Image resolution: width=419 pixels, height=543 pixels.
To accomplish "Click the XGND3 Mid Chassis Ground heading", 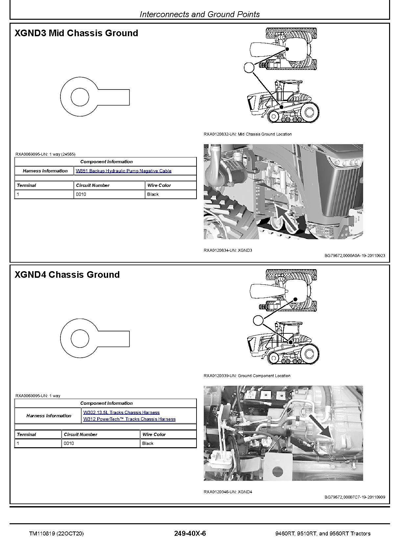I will point(76,33).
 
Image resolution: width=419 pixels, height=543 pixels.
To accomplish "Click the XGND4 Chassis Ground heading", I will point(67,275).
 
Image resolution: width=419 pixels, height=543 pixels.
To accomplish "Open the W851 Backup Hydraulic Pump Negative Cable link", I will point(124,171).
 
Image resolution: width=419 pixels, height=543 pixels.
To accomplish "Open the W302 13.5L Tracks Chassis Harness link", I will point(121,412).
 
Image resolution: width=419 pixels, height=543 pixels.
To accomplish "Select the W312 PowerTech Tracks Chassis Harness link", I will point(129,419).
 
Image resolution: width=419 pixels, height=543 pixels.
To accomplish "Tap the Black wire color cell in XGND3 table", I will point(153,194).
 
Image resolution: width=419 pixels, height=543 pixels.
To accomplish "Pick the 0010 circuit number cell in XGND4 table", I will point(69,444).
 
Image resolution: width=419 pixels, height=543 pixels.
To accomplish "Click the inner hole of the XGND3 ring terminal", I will point(80,97).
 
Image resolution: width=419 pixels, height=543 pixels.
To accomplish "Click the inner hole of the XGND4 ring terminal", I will point(80,339).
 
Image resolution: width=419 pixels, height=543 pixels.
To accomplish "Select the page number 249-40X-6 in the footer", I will point(190,533).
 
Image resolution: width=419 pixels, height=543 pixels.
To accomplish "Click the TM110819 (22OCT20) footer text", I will point(56,534).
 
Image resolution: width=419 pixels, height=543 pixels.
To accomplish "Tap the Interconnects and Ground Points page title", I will point(199,14).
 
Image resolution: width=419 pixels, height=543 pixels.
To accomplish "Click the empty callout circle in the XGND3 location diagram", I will point(249,67).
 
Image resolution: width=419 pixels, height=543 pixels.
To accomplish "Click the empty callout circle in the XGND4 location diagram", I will point(258,320).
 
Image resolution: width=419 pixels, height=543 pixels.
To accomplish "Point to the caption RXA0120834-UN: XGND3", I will point(228,250).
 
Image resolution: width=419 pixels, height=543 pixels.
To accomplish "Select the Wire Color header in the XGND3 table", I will point(159,186).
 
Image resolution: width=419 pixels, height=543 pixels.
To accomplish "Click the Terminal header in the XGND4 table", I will point(26,435).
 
